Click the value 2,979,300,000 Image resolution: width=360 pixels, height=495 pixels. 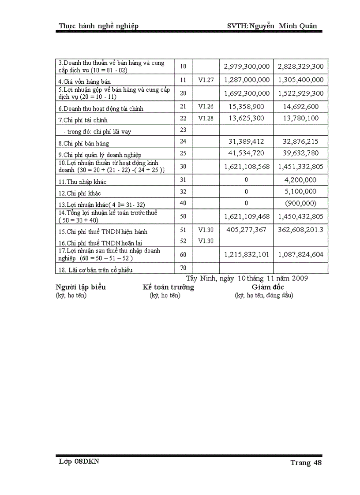coord(247,67)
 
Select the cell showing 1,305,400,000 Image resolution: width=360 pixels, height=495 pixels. coord(300,80)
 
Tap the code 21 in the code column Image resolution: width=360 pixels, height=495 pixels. coord(184,107)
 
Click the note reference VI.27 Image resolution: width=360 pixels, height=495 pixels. coord(206,80)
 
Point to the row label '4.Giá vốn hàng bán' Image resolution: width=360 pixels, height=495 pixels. coord(84,82)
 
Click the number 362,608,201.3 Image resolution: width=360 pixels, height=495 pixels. coord(300,230)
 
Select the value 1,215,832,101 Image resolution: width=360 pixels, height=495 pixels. coord(247,254)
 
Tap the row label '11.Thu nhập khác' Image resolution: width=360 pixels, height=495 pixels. coord(82,182)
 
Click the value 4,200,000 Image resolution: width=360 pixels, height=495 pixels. coord(300,180)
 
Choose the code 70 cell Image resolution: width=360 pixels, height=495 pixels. coord(184,268)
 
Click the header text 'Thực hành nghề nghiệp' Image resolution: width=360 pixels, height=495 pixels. coord(99,26)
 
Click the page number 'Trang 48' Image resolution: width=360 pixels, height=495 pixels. coord(306,462)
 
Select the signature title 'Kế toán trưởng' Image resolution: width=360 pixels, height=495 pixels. coord(168,287)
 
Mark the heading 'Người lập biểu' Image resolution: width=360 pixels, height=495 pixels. coord(80,287)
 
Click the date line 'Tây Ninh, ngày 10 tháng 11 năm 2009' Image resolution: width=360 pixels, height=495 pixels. coord(247,278)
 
